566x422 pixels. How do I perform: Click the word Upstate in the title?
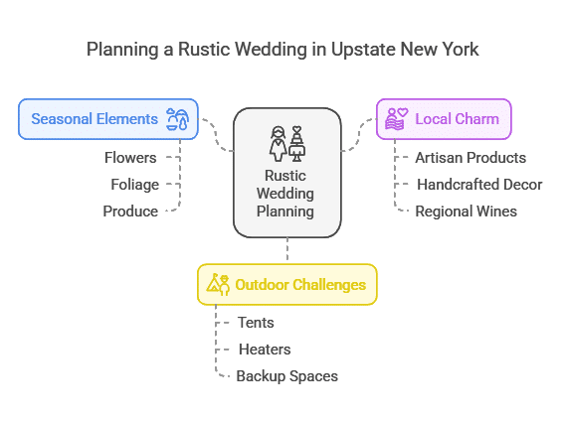(363, 50)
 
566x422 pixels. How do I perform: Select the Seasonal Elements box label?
(94, 119)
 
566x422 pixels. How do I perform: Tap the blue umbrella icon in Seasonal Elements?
(178, 119)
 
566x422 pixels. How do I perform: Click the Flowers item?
(130, 158)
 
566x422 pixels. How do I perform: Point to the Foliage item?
(135, 185)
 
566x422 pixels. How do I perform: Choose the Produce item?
(130, 211)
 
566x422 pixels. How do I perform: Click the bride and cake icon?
(287, 143)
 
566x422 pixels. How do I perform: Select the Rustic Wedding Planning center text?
(285, 194)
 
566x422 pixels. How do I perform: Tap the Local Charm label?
(457, 119)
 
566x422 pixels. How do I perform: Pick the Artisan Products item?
(471, 158)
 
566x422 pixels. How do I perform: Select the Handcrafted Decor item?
(479, 185)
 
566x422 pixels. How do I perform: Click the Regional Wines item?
(466, 211)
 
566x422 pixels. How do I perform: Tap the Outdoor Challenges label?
(300, 285)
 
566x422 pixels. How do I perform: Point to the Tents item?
(256, 323)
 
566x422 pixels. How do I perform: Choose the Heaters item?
(265, 350)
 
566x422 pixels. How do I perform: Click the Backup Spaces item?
(286, 376)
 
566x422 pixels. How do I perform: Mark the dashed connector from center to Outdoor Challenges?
(287, 248)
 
